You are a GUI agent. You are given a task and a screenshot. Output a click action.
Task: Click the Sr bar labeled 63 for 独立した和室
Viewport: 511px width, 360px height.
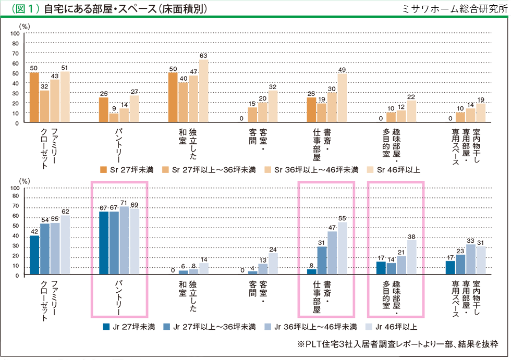203,91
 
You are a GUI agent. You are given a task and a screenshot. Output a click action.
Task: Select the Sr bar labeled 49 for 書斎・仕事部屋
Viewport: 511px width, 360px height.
342,98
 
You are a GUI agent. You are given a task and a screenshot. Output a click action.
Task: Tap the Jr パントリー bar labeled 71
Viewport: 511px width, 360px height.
124,240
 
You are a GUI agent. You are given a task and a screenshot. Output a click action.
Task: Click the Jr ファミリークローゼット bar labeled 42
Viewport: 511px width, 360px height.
34,255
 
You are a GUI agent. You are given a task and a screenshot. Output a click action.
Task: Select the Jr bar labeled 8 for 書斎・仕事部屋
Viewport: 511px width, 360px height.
312,271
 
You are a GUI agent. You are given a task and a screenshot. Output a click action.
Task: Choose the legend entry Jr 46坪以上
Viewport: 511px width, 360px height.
393,327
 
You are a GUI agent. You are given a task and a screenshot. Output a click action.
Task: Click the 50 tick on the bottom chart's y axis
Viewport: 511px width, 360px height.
15,226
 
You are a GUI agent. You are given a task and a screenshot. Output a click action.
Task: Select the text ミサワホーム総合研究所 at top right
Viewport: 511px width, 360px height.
454,9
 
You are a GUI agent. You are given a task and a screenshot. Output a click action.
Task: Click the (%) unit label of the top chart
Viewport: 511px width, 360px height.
25,25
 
